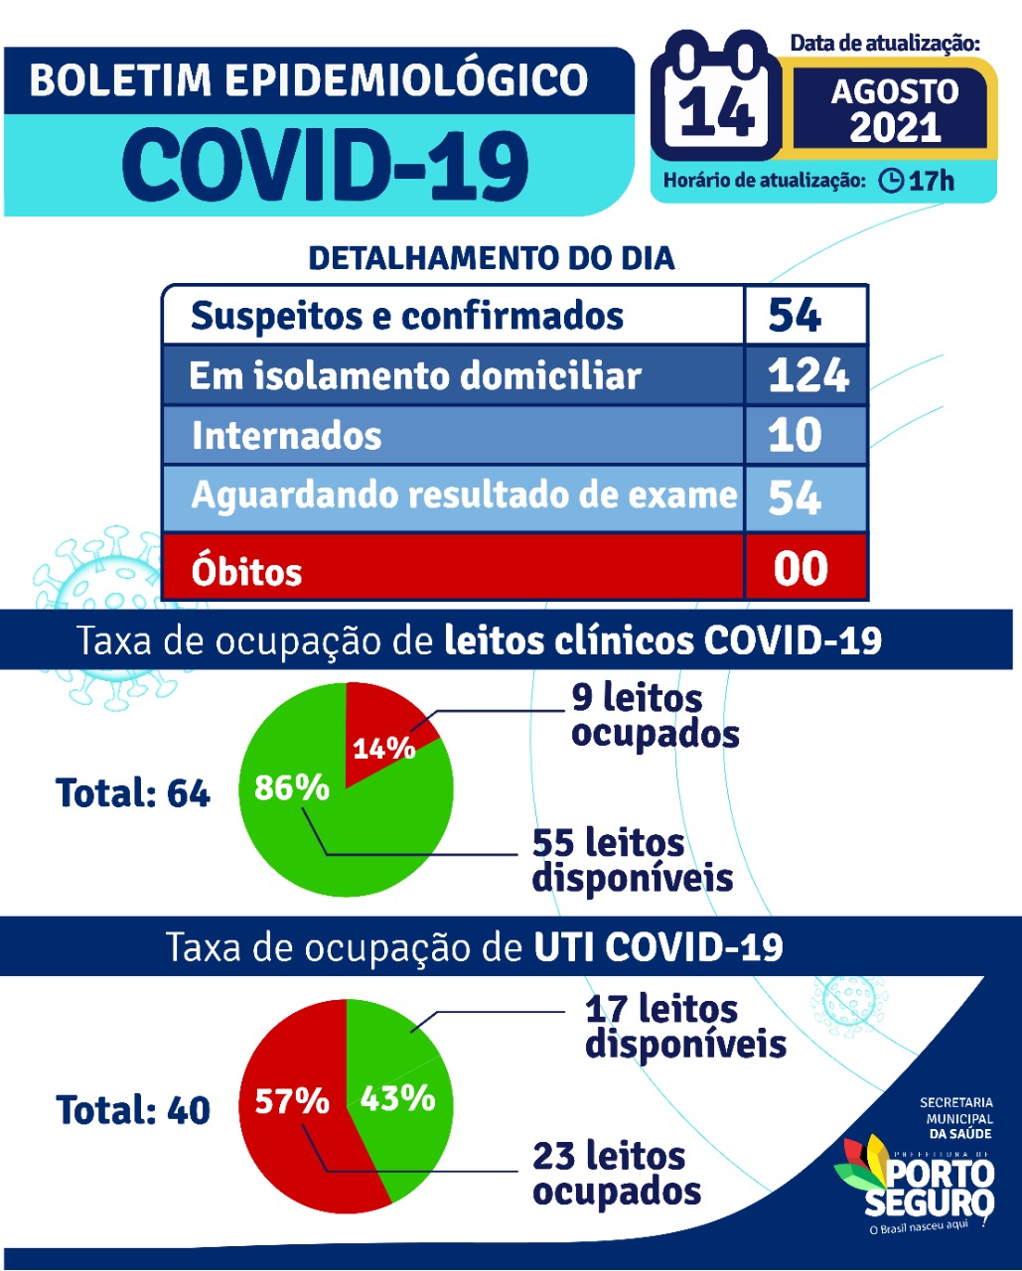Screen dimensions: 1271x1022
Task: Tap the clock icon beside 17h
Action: [x=892, y=181]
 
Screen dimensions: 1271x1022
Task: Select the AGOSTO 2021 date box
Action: [x=894, y=109]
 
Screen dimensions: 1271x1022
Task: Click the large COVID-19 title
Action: [x=326, y=165]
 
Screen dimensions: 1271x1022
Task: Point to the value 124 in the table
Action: [x=807, y=375]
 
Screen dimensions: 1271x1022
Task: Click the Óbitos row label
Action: [x=246, y=571]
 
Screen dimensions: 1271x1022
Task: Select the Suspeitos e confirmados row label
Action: [x=407, y=316]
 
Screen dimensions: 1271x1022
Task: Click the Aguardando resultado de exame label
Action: [x=464, y=494]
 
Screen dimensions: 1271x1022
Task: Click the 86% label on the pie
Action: [x=291, y=787]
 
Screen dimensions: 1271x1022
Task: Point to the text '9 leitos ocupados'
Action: [x=655, y=716]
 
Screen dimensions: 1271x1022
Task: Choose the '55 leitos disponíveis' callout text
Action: [x=632, y=860]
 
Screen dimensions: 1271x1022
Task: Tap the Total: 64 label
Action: [x=133, y=793]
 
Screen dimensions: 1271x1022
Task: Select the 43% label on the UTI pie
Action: [x=397, y=1098]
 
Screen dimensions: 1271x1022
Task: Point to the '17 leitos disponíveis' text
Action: [x=685, y=1027]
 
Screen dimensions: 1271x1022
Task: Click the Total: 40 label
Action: [x=133, y=1110]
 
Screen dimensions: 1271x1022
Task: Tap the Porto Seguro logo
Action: [x=915, y=1177]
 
